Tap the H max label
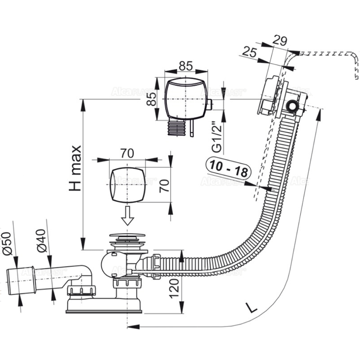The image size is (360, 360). click(75, 168)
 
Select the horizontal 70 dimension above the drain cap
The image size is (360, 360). click(127, 154)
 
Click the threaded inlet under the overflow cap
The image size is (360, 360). click(177, 128)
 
